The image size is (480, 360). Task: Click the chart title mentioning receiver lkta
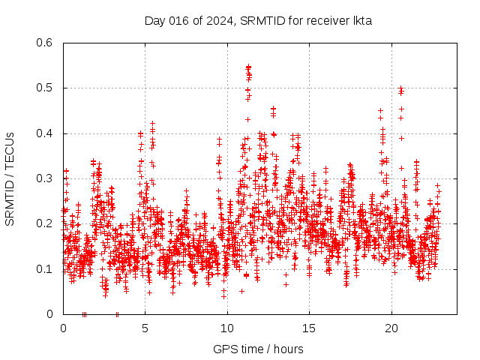coord(258,20)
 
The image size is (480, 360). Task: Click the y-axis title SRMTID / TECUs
coord(10,178)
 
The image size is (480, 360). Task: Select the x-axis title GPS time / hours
coord(258,349)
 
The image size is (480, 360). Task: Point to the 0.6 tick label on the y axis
coord(45,43)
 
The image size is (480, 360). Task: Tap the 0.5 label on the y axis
coord(45,88)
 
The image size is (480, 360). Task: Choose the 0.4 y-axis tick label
coord(45,133)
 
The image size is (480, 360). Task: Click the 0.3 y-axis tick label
coord(45,178)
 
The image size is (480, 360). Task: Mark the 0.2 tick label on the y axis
coord(45,223)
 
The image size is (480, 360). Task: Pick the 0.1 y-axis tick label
coord(45,268)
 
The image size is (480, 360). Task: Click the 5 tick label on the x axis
coord(145,328)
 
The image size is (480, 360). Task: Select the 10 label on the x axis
coord(227,328)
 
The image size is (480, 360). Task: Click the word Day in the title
coord(154,20)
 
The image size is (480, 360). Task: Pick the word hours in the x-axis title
coord(288,349)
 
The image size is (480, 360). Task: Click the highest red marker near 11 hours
coord(248,67)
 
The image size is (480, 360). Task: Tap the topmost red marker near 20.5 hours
coord(400,88)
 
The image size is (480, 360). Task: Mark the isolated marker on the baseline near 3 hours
coord(117,314)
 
